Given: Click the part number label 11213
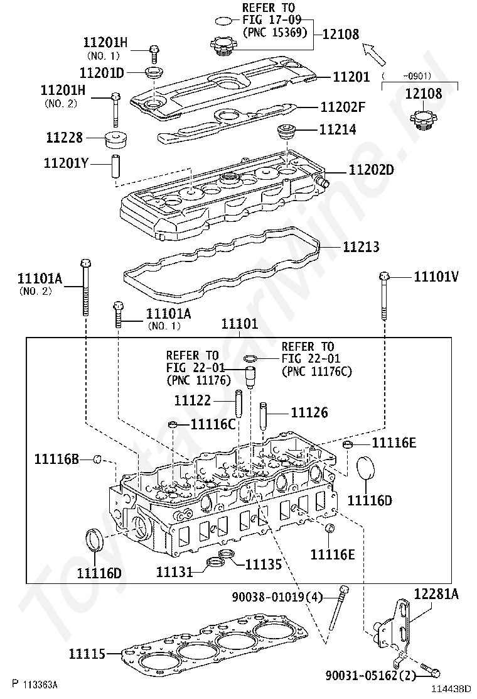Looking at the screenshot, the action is [361, 247].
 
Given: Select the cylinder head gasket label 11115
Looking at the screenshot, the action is [87, 654].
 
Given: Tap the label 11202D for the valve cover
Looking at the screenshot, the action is [371, 170].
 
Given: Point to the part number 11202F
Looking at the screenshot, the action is [343, 107].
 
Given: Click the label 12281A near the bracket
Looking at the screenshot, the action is [436, 594].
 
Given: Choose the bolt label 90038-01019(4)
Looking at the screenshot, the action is [277, 597].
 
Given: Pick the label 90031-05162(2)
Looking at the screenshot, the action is [370, 675].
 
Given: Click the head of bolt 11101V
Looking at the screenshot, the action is [385, 276].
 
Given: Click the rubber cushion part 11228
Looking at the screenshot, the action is [115, 140].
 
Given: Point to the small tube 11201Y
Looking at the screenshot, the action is [115, 165].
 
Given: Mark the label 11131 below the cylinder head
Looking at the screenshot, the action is [174, 571].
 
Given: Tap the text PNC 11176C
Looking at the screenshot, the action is [317, 371].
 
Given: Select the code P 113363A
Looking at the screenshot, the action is [35, 684].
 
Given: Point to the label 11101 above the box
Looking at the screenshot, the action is [239, 324].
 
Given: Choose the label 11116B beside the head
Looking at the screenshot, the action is [57, 459].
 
